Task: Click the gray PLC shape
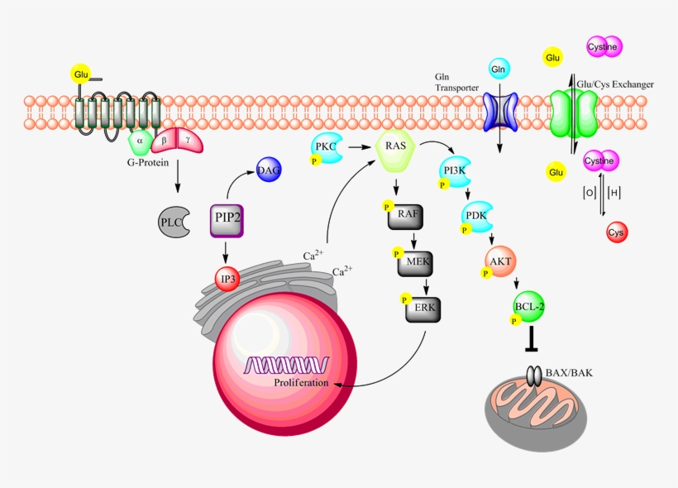coord(174,222)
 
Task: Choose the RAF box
coord(406,213)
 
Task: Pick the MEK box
coord(416,262)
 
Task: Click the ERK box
coord(423,310)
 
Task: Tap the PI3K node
coord(455,171)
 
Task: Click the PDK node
coord(477,217)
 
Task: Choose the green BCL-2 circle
coord(529,306)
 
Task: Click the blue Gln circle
coord(498,69)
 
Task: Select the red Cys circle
coord(617,233)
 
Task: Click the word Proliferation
coord(301,383)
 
